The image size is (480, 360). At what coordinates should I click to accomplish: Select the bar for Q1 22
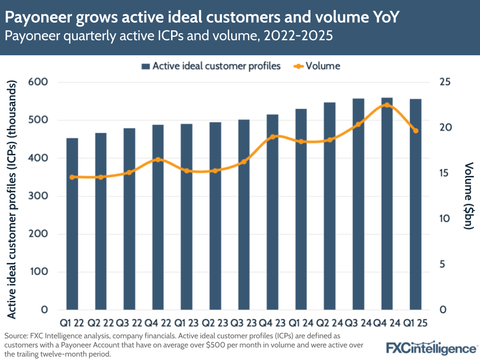click(72, 223)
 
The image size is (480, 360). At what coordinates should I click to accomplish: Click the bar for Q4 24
click(387, 203)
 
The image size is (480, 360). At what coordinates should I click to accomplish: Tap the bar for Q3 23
click(244, 214)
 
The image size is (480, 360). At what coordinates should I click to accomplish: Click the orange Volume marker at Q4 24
click(387, 105)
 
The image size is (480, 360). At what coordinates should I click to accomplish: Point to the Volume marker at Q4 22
click(158, 160)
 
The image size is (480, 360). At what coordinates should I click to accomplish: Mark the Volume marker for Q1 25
click(416, 131)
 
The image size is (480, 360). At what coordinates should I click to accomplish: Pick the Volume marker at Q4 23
click(272, 137)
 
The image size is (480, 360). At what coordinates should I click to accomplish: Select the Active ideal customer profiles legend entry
click(211, 66)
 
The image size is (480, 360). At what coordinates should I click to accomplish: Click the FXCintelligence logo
click(431, 348)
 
